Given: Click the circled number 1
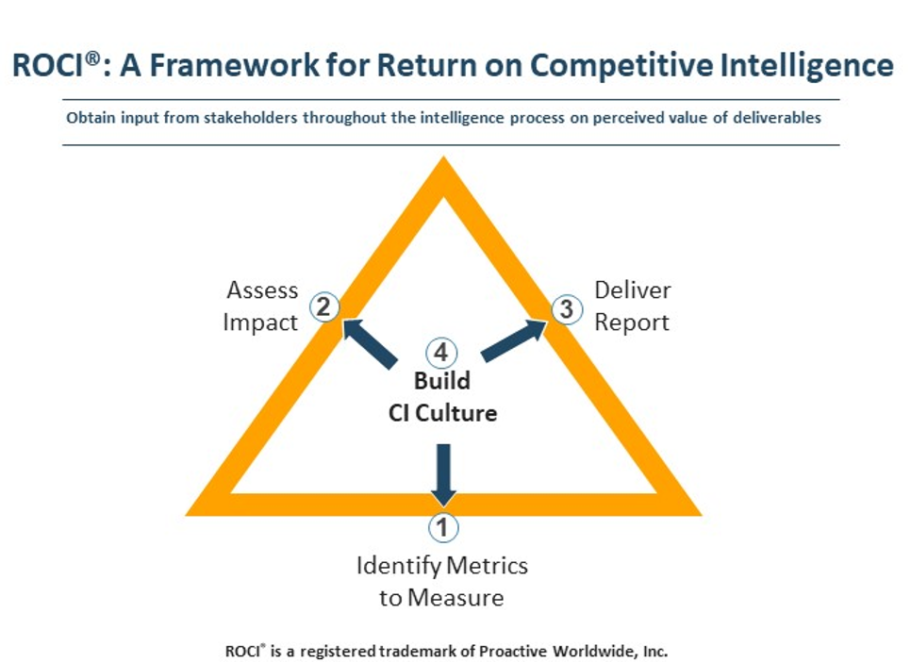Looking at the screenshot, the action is pos(443,527).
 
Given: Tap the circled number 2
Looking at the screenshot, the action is pos(323,306).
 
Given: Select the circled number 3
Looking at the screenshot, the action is pos(567,309).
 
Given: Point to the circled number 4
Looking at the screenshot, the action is pos(441,353).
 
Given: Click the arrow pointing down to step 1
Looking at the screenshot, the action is pos(443,475).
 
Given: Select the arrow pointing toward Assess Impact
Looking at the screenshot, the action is pos(369,343).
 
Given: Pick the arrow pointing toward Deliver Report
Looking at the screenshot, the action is pos(514,340).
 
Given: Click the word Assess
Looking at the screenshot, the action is pos(262,290).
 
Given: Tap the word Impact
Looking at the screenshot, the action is pos(260,323).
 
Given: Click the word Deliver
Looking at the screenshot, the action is pos(633,290).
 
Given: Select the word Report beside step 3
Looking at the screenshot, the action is pos(632,323).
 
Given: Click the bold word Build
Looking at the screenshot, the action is pos(442,381).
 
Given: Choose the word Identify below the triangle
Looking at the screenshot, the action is pos(399,566).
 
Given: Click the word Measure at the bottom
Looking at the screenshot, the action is pos(456,598).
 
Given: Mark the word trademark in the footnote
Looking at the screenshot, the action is pos(419,651).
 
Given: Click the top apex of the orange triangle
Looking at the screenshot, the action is pos(444,157).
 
